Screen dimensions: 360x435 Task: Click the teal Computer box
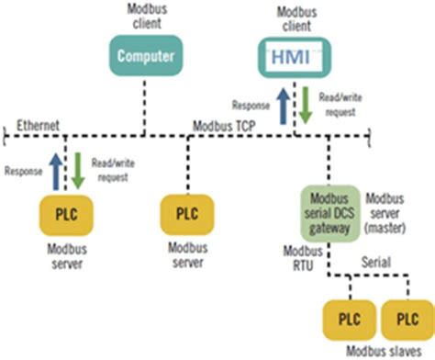[143, 54]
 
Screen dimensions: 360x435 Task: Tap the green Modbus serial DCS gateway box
[330, 208]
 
